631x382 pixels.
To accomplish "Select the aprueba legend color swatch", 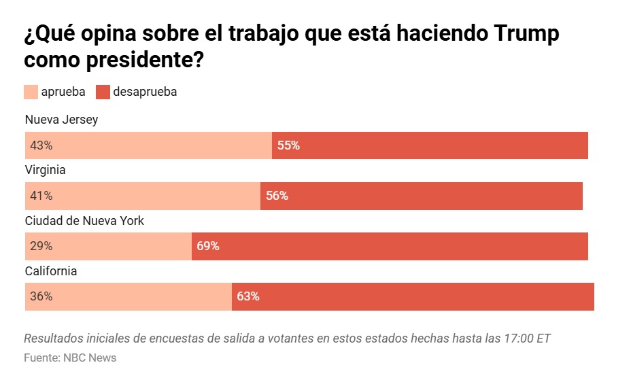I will pyautogui.click(x=31, y=92).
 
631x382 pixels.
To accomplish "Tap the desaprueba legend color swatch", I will pyautogui.click(x=103, y=92).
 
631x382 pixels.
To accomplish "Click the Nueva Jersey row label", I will pyautogui.click(x=61, y=120).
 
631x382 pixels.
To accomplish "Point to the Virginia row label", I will pyautogui.click(x=45, y=170).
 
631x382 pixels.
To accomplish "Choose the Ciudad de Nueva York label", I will pyautogui.click(x=84, y=220).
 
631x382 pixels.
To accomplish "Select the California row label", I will pyautogui.click(x=51, y=271).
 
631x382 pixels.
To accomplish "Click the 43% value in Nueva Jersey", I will pyautogui.click(x=41, y=145).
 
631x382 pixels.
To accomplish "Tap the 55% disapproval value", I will pyautogui.click(x=288, y=145).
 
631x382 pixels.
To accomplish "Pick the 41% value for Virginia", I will pyautogui.click(x=41, y=196).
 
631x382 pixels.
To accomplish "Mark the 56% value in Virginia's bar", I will pyautogui.click(x=277, y=196).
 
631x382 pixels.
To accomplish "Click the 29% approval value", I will pyautogui.click(x=41, y=246).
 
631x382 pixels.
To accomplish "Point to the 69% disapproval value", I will pyautogui.click(x=208, y=246).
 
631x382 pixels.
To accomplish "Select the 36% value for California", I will pyautogui.click(x=41, y=296).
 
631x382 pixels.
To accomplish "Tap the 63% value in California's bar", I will pyautogui.click(x=248, y=296).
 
